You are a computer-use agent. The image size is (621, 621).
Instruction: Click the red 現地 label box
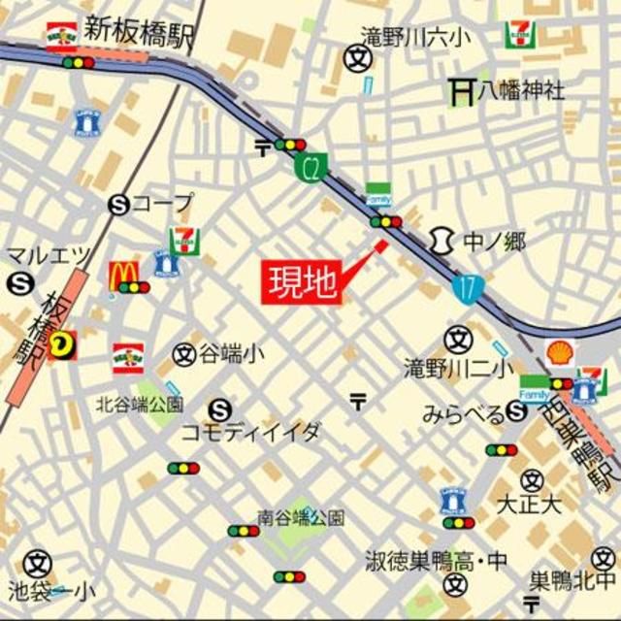point(301,281)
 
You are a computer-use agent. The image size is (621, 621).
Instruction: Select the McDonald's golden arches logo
point(123,277)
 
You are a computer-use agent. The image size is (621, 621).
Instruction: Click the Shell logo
point(560,353)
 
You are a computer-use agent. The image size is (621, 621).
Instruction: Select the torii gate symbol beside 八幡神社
point(460,92)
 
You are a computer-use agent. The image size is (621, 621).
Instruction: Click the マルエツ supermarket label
point(49,255)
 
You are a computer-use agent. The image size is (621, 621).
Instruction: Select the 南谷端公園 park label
point(301,517)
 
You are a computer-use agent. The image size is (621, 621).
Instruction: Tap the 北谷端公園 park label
point(139,403)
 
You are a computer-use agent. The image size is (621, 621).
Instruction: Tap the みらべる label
point(463,414)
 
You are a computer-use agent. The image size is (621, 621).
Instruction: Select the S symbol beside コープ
point(118,204)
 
